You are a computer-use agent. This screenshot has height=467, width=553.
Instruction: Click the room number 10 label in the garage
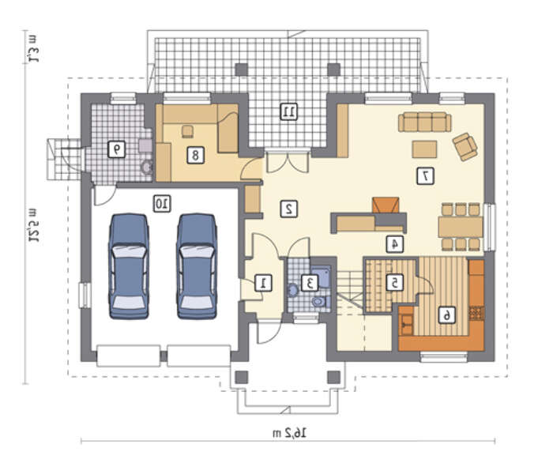162,204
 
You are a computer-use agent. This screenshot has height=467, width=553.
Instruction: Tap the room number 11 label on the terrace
289,112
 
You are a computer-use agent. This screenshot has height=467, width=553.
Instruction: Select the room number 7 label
425,176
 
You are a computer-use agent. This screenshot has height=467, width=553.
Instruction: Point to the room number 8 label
195,155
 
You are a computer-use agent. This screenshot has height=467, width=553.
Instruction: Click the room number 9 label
116,149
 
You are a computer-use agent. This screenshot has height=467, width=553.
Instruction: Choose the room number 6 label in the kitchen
447,314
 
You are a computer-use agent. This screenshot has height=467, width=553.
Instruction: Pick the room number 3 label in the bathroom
310,283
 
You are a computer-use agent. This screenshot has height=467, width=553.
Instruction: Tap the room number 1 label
263,283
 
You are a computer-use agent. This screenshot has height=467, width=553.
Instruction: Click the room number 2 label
289,209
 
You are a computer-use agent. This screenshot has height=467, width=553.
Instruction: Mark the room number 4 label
395,243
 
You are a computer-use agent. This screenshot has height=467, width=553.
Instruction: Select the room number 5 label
395,283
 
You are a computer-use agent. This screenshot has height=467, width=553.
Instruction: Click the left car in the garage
129,266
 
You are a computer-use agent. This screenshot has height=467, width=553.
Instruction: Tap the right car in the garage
197,266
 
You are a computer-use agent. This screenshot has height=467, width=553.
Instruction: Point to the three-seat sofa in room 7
425,122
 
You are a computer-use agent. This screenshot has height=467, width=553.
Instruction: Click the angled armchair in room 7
465,147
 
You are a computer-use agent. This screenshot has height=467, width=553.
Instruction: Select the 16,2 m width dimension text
290,433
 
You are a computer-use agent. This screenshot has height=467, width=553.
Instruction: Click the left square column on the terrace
242,70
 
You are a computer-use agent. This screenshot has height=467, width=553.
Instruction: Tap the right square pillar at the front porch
333,377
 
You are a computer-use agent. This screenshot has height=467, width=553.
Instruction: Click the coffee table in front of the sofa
425,149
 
